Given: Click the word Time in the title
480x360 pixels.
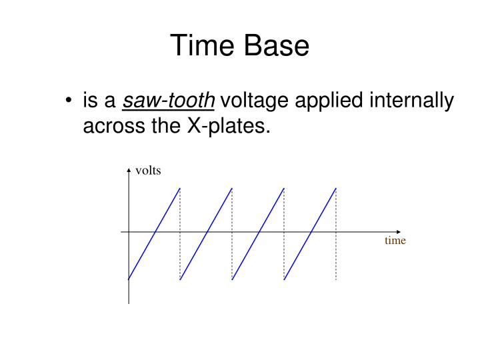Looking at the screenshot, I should click(x=201, y=46).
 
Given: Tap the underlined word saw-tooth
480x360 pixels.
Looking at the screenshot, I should click(x=169, y=102).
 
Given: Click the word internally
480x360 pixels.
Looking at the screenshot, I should click(x=417, y=102).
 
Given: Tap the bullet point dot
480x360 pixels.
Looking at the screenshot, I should click(x=69, y=102).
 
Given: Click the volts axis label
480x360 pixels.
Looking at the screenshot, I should click(x=148, y=171).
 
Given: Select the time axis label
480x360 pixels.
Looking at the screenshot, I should click(x=395, y=241).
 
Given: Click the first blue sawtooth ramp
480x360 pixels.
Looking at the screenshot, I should click(x=154, y=234).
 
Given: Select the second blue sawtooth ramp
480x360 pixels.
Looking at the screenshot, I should click(x=206, y=234).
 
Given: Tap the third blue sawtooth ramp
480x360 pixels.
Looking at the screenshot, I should click(x=258, y=234).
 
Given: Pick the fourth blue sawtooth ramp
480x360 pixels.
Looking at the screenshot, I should click(x=310, y=234).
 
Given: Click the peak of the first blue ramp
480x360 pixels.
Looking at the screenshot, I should click(x=179, y=189).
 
